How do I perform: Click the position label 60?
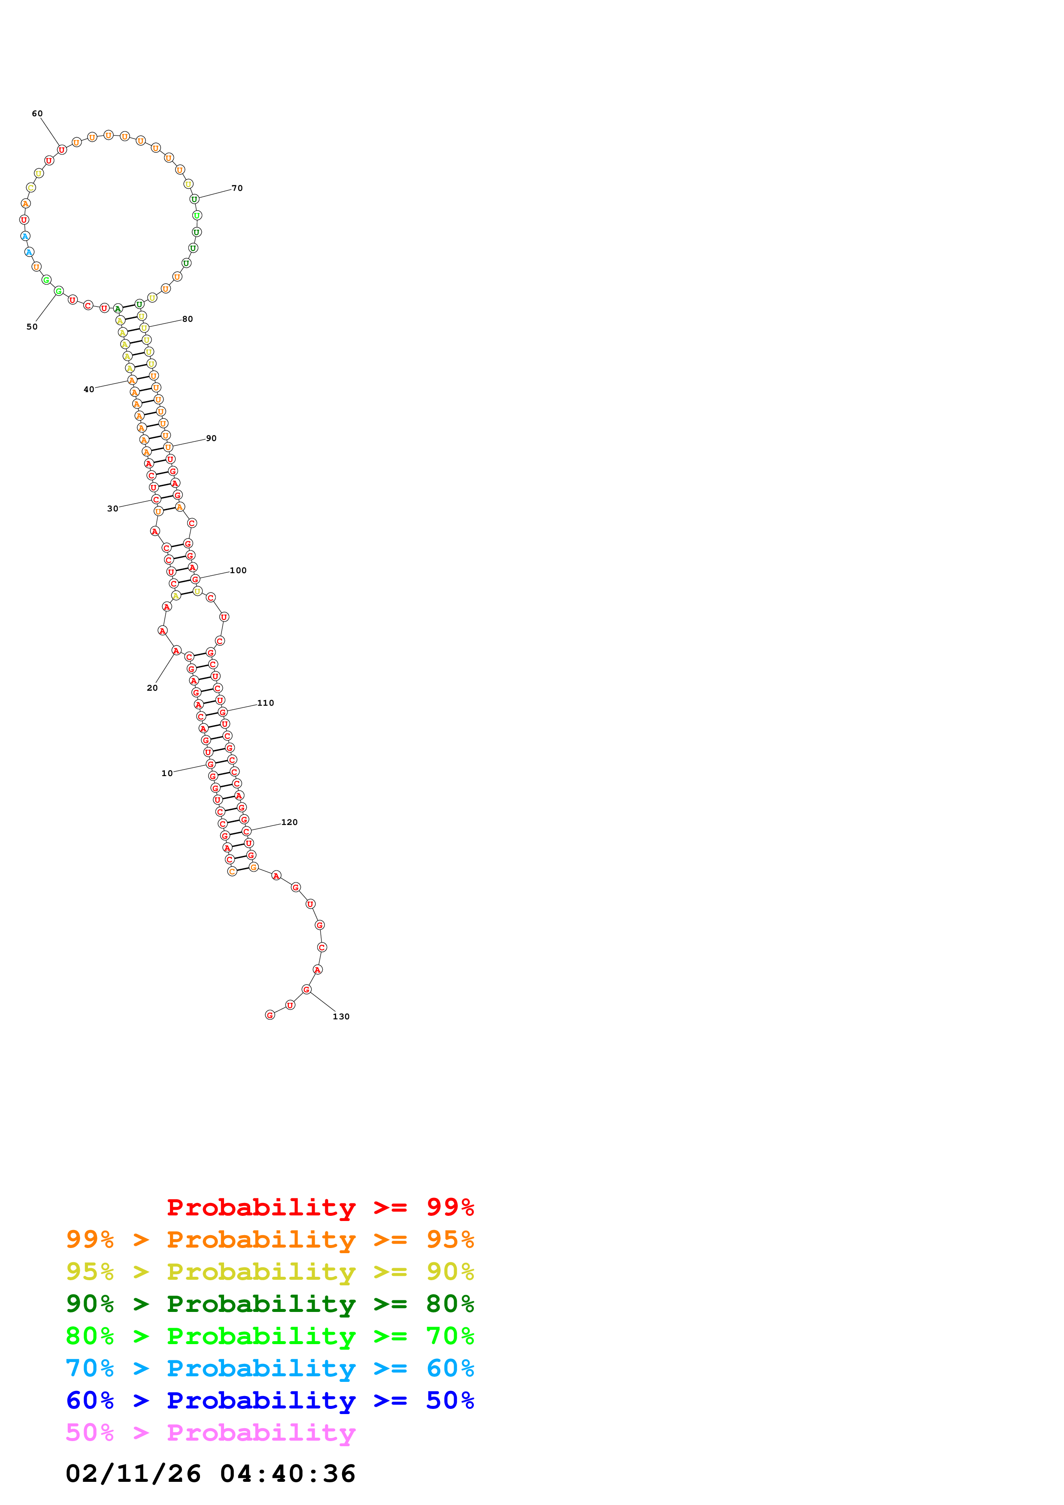[x=37, y=113]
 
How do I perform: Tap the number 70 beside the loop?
[x=237, y=188]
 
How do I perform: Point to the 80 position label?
[x=188, y=319]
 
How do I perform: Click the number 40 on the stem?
[x=88, y=390]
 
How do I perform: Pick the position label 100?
[x=238, y=570]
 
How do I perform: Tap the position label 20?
[x=152, y=688]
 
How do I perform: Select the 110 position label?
[x=266, y=703]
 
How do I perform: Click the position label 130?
[x=341, y=1017]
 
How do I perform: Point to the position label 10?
[x=167, y=774]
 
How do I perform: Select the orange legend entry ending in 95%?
[x=270, y=1239]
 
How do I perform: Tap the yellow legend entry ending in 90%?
[x=270, y=1272]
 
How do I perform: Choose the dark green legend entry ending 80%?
[x=270, y=1304]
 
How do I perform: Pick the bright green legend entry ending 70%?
[x=270, y=1336]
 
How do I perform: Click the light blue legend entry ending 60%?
[x=270, y=1368]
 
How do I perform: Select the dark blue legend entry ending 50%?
[x=270, y=1400]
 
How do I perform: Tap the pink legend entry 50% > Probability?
[x=210, y=1432]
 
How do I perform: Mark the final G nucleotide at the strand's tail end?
[x=270, y=1015]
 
